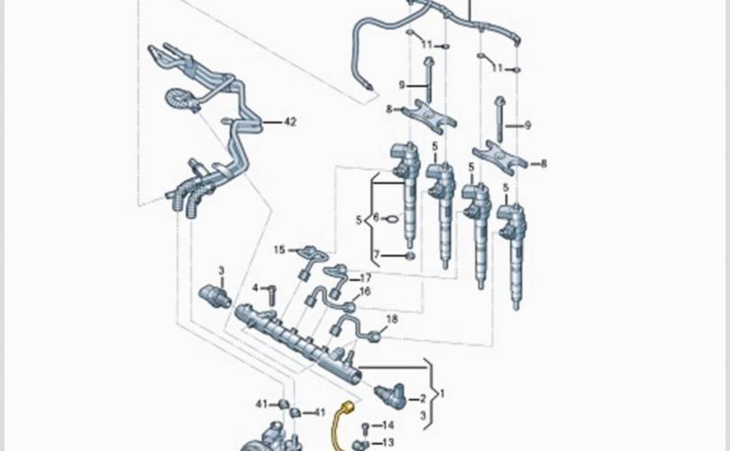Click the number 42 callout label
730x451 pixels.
(x=290, y=122)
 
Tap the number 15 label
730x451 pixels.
(x=279, y=250)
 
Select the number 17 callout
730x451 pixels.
(x=366, y=278)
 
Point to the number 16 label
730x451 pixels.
(x=365, y=291)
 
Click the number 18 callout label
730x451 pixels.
(x=392, y=319)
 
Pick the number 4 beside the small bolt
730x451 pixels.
(x=255, y=288)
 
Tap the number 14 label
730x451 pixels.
(x=388, y=425)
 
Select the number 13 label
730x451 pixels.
(x=388, y=443)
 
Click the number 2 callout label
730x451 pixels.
(x=423, y=399)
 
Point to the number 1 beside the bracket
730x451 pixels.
(x=443, y=393)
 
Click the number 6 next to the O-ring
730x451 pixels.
(x=376, y=217)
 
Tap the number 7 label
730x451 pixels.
(x=377, y=255)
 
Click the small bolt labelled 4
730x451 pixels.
(x=272, y=294)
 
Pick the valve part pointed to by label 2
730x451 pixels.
(x=390, y=394)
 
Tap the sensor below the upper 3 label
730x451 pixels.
(x=214, y=297)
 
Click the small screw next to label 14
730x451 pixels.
(x=366, y=428)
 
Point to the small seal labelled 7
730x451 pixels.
(x=410, y=256)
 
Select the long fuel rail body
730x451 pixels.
(x=298, y=344)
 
